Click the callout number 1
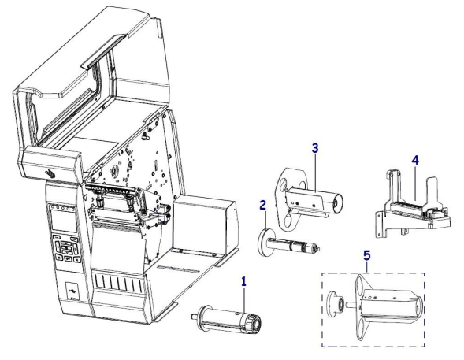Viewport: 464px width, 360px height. coord(243,281)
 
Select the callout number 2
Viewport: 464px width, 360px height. coord(262,205)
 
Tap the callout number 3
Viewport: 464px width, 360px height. coord(315,147)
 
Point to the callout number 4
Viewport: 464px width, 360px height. coord(415,161)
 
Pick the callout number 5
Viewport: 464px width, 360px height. coord(367,255)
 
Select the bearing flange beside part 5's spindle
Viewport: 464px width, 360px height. coord(335,304)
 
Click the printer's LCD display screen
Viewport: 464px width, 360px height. coord(64,221)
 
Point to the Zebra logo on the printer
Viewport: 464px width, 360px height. coord(50,173)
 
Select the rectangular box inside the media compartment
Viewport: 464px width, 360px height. coord(204,225)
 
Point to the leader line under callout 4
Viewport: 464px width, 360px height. coord(415,184)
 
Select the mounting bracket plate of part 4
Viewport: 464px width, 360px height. coord(380,225)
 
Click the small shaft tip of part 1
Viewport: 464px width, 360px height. coord(195,316)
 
